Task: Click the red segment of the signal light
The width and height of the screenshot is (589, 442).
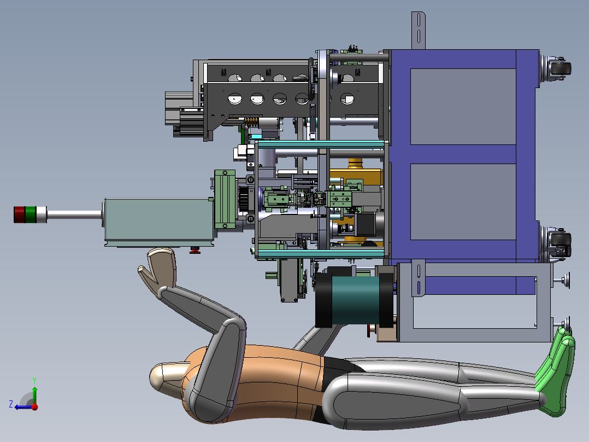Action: point(19,214)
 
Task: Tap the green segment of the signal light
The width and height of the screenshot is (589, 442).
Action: point(31,214)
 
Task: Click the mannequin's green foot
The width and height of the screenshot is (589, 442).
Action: point(555,373)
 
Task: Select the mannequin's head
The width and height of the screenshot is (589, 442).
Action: point(167,378)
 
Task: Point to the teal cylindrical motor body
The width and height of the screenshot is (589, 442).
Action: point(355,300)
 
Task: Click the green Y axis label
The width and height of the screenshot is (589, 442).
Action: point(34,380)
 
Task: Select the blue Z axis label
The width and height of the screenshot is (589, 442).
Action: point(11,404)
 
